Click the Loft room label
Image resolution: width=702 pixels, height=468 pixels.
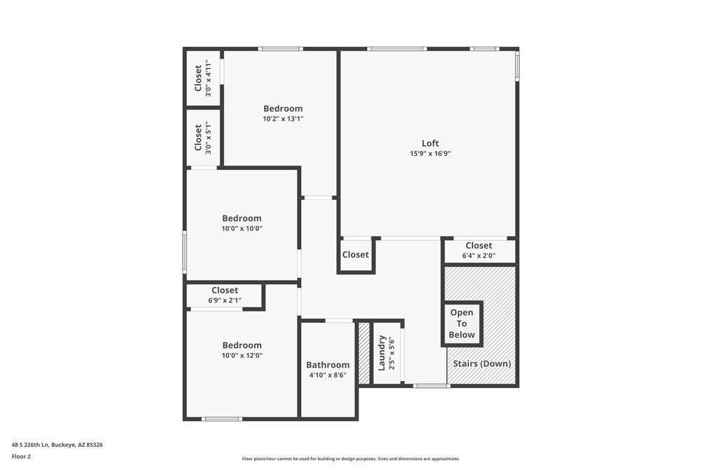pos(430,143)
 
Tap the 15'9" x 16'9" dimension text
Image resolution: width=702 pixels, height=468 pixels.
pos(430,154)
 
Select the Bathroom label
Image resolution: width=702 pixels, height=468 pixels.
pos(328,365)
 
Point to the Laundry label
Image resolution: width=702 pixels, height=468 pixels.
pos(383,353)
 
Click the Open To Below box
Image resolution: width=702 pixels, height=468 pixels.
pos(462,323)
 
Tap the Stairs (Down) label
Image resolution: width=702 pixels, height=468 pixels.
pos(482,363)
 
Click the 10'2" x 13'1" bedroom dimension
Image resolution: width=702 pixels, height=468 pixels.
pos(283,119)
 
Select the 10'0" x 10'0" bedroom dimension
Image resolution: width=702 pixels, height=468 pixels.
pos(242,229)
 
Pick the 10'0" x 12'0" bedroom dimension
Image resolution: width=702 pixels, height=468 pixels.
pos(242,356)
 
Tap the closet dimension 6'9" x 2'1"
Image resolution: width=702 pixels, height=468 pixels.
pos(225,300)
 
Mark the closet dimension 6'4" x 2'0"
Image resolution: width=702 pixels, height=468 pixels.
pos(479,256)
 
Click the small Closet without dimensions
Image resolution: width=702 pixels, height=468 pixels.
pos(356,255)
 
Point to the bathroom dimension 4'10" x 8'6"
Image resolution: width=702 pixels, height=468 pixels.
pos(328,375)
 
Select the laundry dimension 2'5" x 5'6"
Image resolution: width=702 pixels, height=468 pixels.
pos(392,353)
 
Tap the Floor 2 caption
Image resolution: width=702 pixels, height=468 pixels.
pos(21,456)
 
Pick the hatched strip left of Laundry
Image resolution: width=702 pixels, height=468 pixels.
pos(364,353)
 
